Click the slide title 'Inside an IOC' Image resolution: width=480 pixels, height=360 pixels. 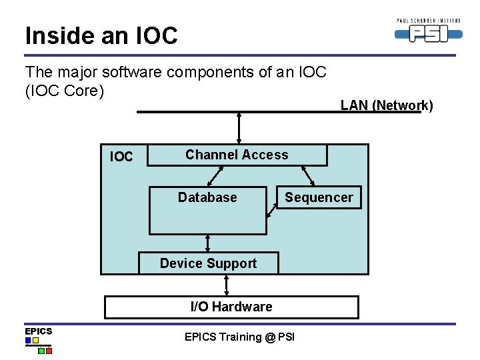(101, 35)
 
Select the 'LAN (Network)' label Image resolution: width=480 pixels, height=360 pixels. (387, 105)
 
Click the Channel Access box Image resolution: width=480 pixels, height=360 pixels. (237, 155)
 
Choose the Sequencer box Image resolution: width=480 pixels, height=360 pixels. (319, 197)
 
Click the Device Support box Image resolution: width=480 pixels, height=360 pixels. (208, 263)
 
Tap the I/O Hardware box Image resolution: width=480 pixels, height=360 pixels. (231, 307)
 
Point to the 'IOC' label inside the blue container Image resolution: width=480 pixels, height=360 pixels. (121, 157)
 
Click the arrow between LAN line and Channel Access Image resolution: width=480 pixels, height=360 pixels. (239, 129)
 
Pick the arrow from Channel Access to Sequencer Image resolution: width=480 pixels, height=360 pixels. (308, 176)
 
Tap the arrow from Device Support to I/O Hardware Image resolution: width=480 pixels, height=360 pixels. (227, 285)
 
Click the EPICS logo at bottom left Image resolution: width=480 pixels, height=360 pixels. (38, 340)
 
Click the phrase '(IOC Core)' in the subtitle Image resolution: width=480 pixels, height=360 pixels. (65, 91)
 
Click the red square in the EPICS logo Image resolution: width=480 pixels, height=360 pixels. (49, 349)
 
